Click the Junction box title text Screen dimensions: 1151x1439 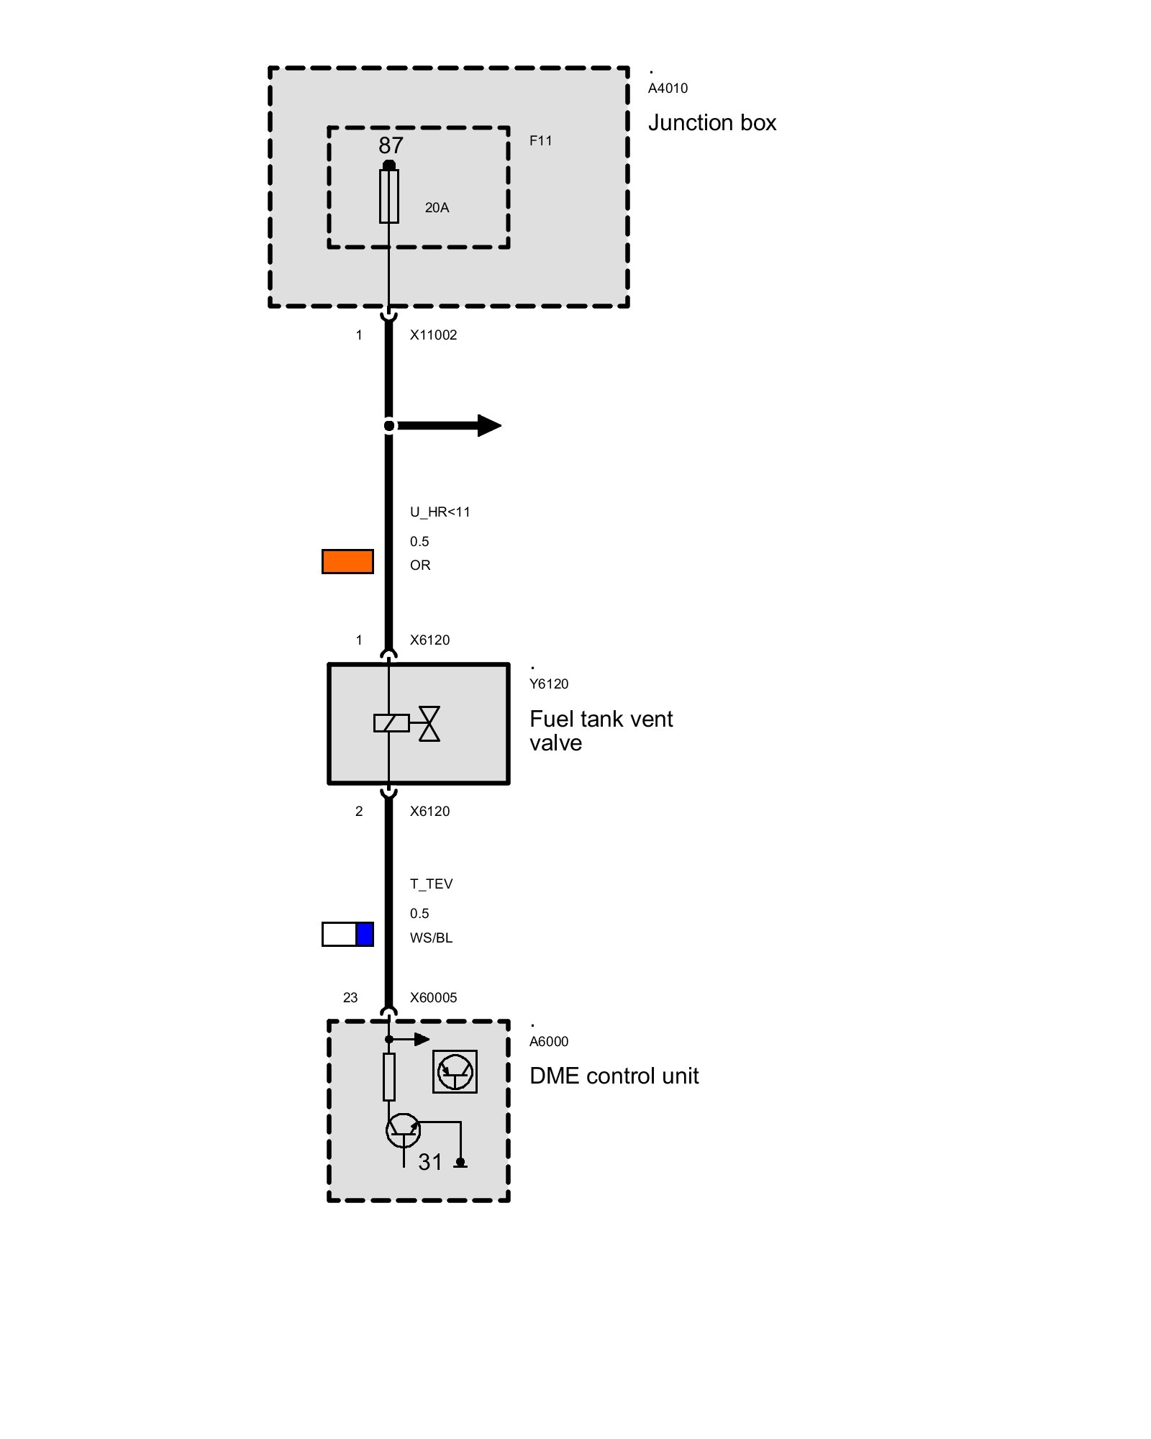coord(712,123)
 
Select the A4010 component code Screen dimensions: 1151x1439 coord(668,88)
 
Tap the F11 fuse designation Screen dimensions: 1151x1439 coord(541,141)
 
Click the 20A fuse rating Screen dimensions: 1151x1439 coord(437,208)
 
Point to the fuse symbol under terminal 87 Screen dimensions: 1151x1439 coord(389,196)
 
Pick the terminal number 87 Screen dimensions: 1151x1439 coord(391,145)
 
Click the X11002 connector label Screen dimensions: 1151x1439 coord(433,335)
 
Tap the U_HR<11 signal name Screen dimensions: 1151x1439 coord(440,512)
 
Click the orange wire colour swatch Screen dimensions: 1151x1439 coord(347,562)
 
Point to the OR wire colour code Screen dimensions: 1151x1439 coord(420,566)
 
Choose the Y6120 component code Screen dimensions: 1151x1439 coord(549,684)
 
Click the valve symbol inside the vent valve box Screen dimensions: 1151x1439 coord(429,724)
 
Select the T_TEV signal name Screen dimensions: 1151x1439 coord(431,884)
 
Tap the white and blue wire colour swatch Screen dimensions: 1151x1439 coord(347,934)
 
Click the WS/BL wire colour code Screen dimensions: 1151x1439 coord(431,938)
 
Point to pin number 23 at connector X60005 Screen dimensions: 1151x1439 coord(350,998)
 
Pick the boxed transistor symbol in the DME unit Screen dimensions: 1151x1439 coord(455,1071)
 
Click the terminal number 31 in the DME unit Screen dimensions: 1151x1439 coord(430,1162)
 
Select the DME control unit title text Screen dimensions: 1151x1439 coord(614,1076)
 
